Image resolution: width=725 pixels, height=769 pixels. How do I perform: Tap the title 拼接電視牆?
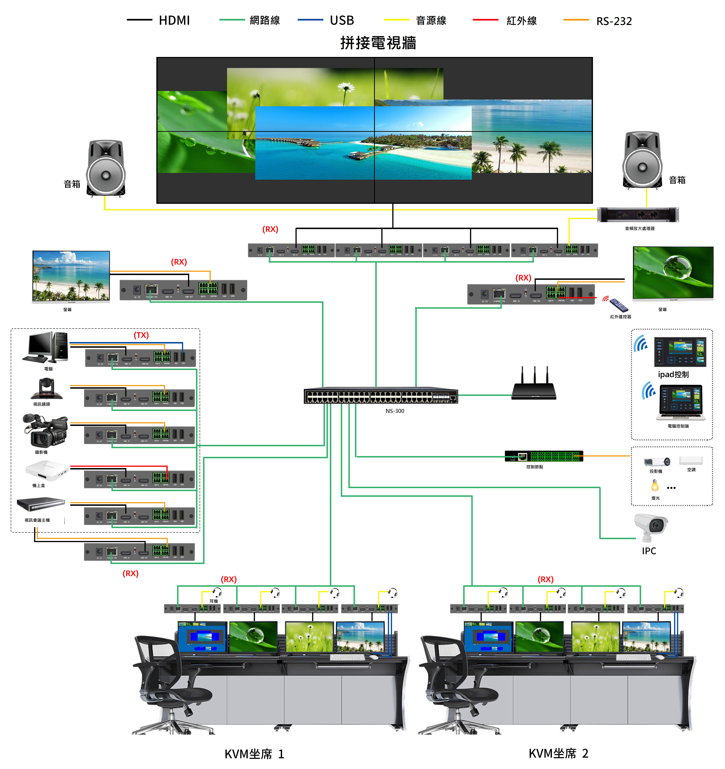(x=378, y=43)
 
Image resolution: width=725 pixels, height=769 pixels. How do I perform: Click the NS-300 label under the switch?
(x=395, y=411)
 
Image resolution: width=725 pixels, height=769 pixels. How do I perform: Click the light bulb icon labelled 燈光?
(x=655, y=485)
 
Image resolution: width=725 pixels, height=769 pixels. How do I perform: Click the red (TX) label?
(x=141, y=335)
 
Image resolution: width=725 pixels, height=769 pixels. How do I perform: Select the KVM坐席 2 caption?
(x=558, y=753)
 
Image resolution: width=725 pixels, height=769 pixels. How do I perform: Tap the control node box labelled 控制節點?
(x=543, y=456)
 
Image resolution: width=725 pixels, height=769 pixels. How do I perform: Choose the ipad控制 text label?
(x=673, y=374)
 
